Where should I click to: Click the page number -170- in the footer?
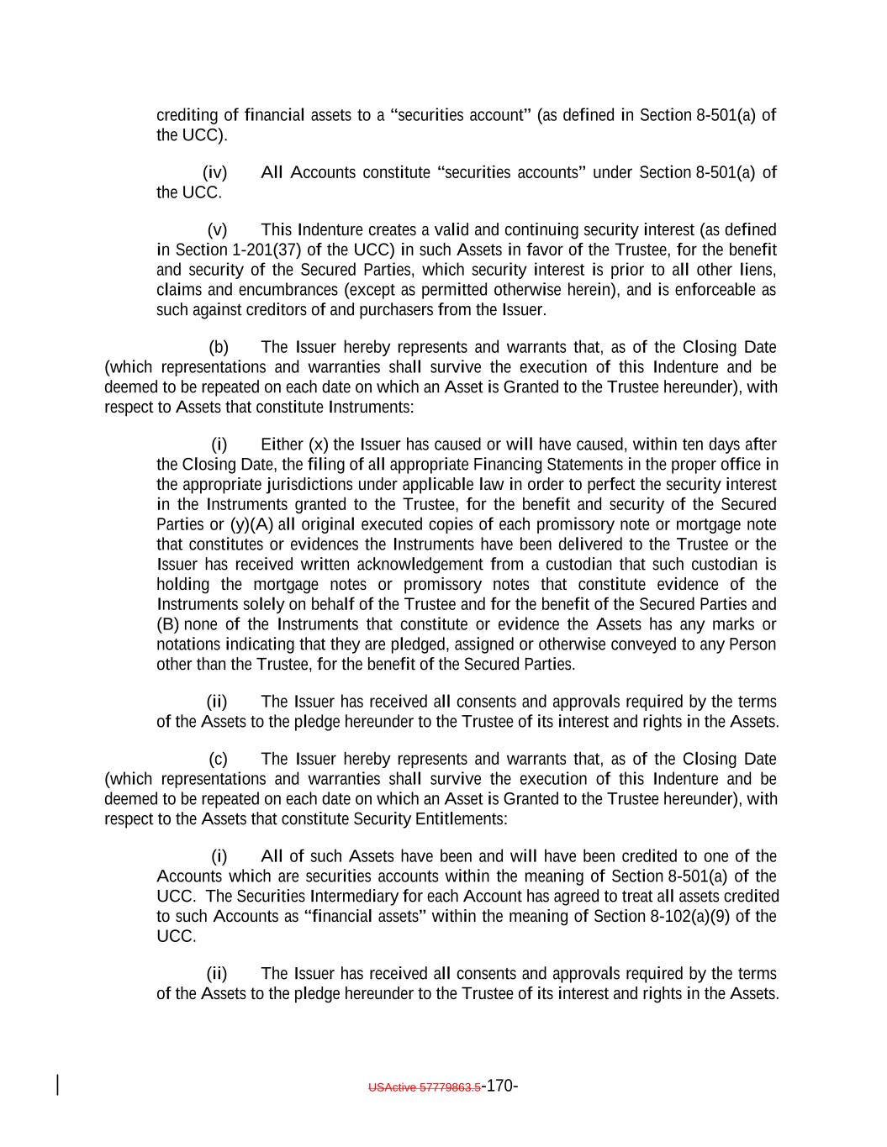(499, 1086)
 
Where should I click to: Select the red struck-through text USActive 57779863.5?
(425, 1087)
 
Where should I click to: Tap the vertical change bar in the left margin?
(57, 1085)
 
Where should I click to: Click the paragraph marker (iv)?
(215, 173)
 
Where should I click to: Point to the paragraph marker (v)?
(218, 230)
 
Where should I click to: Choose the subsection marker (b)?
(219, 348)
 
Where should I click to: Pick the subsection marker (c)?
(219, 760)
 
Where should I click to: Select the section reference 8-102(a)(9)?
(687, 917)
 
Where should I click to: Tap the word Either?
(282, 445)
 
